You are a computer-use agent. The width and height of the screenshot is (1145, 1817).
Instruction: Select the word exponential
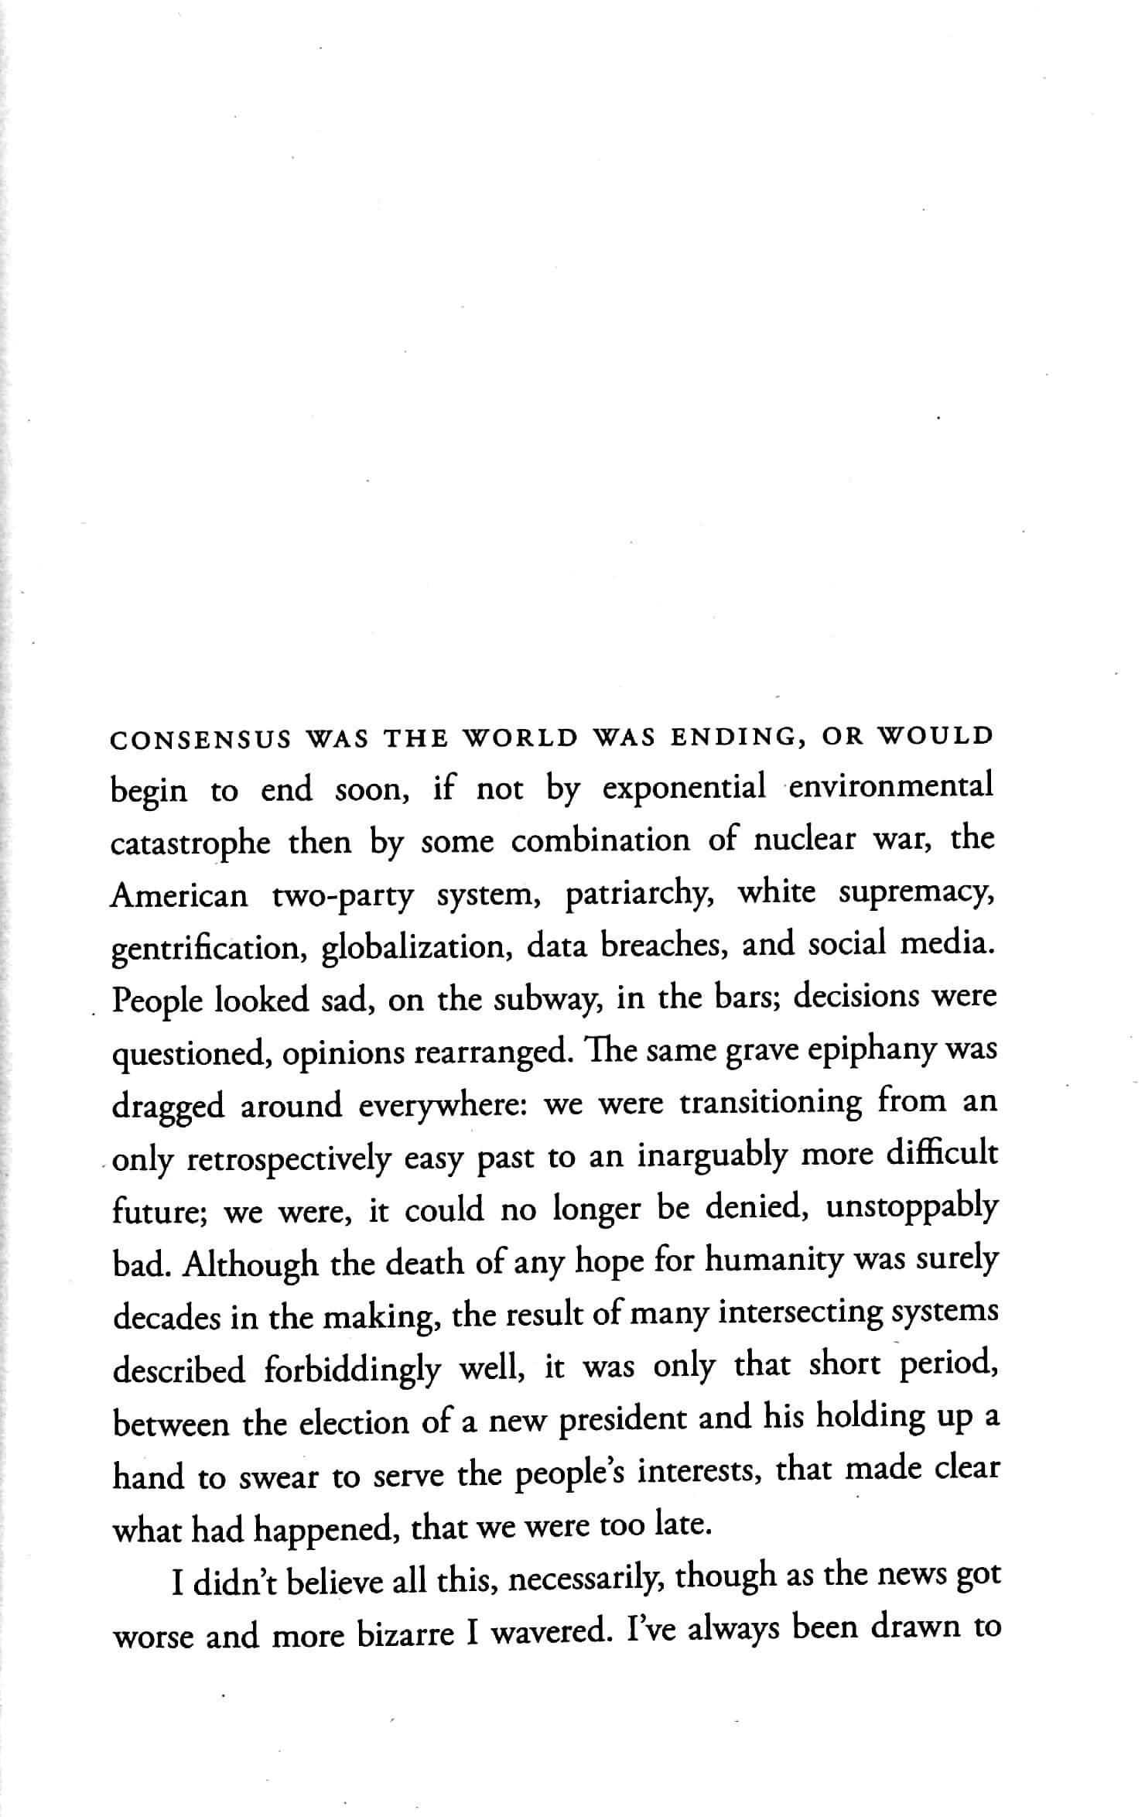[x=684, y=788]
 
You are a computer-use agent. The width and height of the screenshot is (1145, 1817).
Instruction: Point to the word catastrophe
[x=190, y=843]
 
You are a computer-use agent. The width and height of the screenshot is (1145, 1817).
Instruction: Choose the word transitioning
[x=770, y=1104]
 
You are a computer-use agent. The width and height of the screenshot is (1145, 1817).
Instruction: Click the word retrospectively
[x=289, y=1159]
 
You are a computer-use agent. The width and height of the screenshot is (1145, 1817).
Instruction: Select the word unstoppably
[x=912, y=1210]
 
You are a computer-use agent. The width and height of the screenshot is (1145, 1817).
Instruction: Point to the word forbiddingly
[x=353, y=1370]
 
